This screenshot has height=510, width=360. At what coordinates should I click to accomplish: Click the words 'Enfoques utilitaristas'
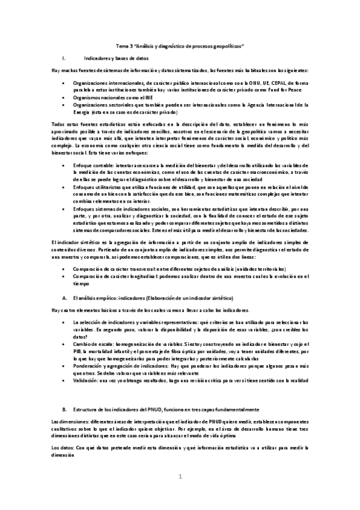coord(97,188)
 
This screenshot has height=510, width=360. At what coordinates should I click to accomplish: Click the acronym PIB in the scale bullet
coord(76,349)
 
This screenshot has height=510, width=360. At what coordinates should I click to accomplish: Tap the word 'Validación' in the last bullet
coord(87,380)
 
